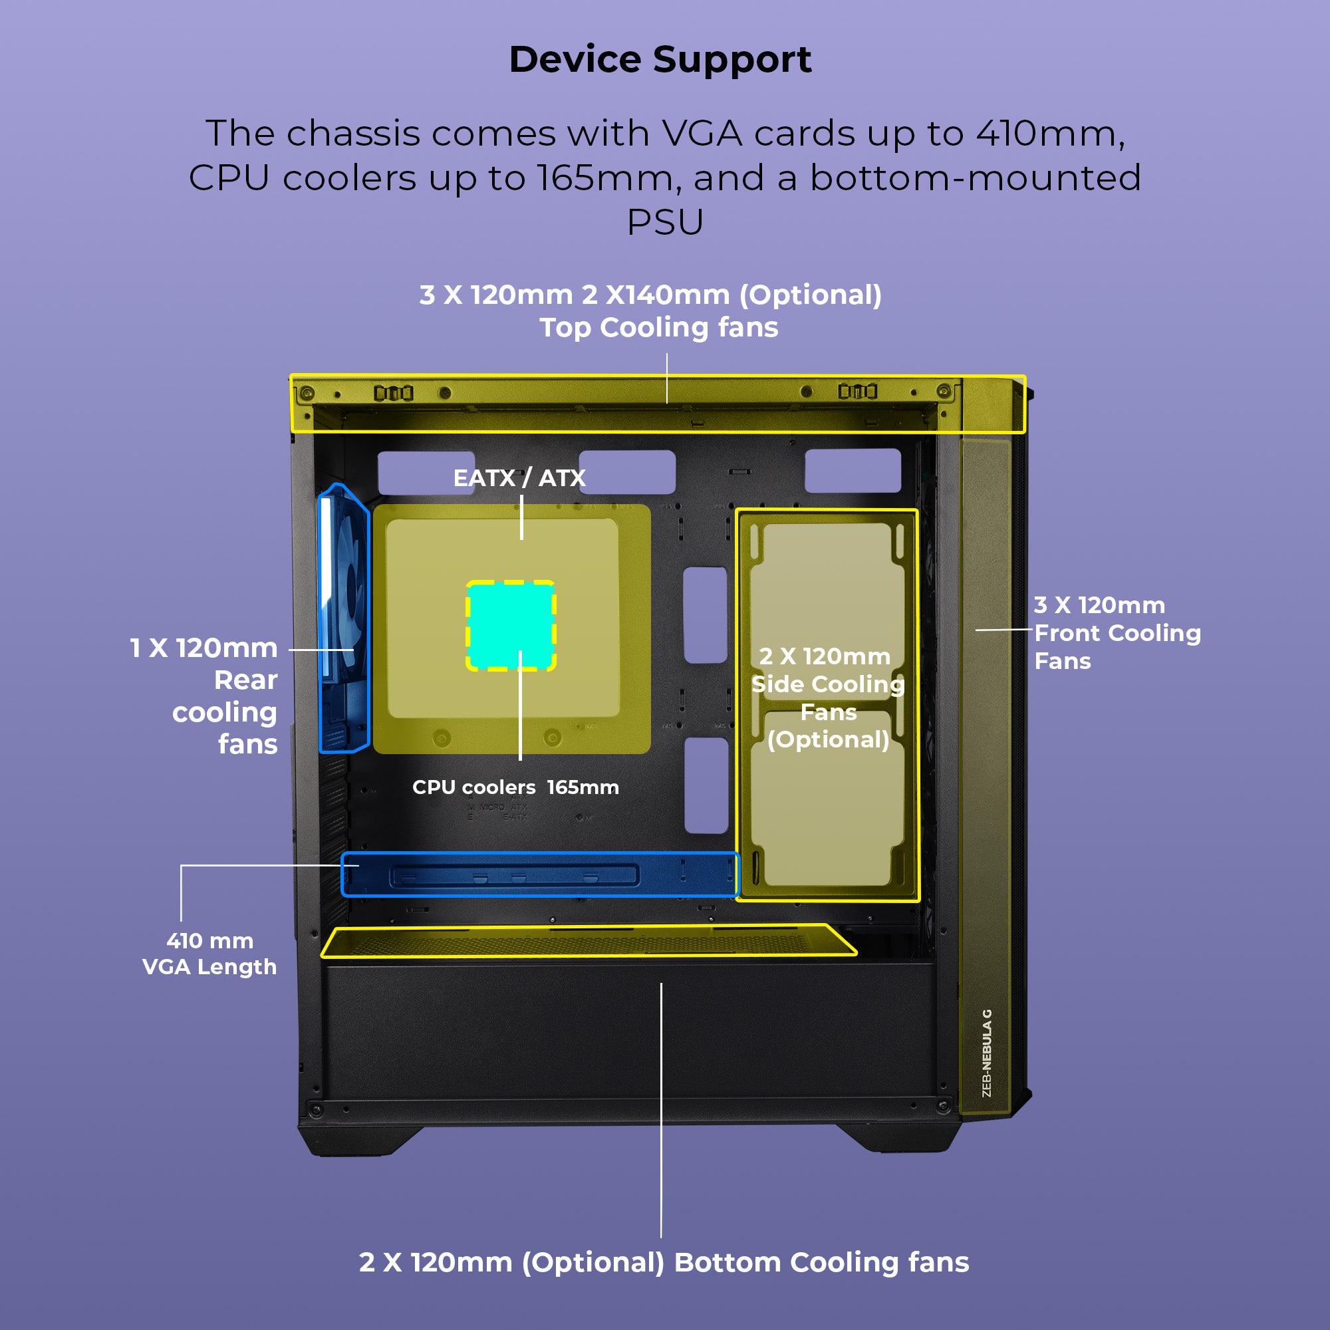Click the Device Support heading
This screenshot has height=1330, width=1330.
coord(660,59)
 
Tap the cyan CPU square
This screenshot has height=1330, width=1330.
coord(511,625)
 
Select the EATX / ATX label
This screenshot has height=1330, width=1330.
coord(519,477)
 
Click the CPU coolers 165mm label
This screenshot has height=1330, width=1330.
coord(515,787)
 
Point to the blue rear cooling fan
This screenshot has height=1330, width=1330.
coord(344,620)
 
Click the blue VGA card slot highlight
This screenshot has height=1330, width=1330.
coord(540,874)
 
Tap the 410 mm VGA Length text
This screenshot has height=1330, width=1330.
coord(209,954)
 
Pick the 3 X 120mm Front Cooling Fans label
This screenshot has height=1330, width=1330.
coord(1117,632)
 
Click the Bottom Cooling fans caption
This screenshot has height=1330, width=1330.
coord(664,1262)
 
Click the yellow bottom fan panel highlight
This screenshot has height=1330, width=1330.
coord(589,942)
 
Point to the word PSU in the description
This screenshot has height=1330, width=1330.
coord(665,221)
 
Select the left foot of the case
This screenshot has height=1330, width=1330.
coord(358,1139)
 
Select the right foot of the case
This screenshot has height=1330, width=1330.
coord(898,1138)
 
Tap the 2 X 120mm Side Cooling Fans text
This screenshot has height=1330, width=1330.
coord(827,698)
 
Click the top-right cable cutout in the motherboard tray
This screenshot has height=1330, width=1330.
coord(853,470)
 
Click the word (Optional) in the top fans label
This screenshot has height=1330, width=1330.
coord(810,295)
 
